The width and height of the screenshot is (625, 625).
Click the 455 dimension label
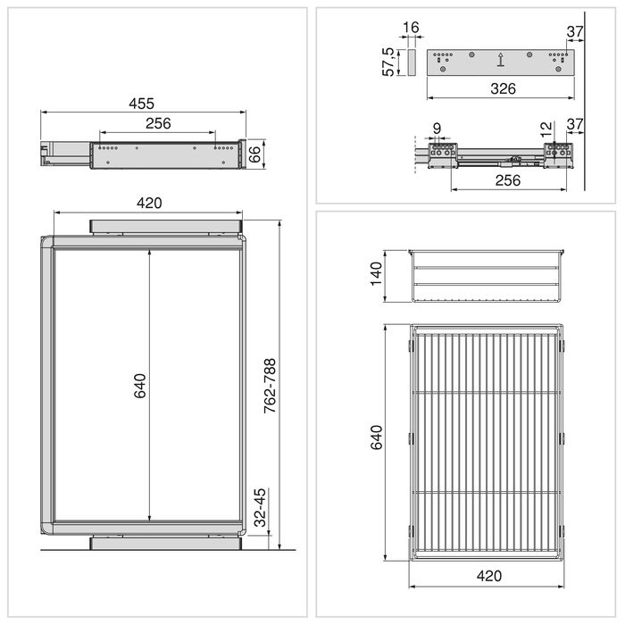click(143, 103)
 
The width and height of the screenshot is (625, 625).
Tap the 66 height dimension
click(254, 154)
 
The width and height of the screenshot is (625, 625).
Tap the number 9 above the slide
click(436, 128)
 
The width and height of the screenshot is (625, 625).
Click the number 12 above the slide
click(546, 128)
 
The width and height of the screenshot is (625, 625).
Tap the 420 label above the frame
click(148, 203)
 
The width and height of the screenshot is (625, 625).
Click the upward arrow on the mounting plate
click(501, 61)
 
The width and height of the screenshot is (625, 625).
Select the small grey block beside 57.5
click(411, 63)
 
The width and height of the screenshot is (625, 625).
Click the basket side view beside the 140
click(487, 276)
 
